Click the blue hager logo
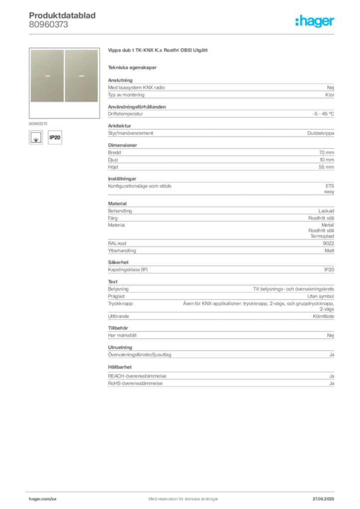point(315,21)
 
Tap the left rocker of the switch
point(47,76)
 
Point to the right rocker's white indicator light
point(81,77)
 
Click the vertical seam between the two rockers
point(64,76)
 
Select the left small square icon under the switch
point(36,137)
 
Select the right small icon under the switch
point(56,137)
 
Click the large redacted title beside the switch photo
point(159,50)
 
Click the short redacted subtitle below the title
point(133,67)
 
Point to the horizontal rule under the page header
point(183,34)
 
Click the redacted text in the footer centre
point(181,496)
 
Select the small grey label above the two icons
point(38,123)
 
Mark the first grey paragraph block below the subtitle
point(221,89)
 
